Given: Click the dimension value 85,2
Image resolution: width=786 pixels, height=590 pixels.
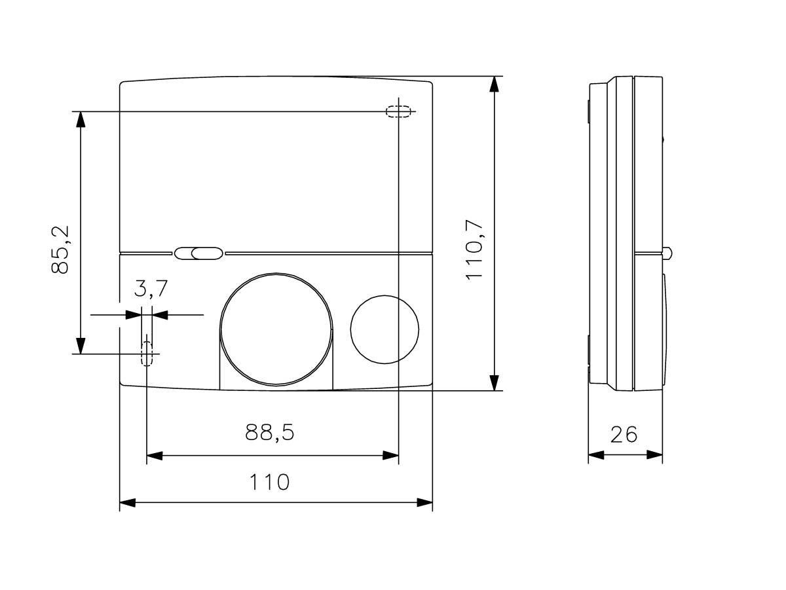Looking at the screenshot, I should (x=63, y=249).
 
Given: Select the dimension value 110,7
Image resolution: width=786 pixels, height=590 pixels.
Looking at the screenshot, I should (x=474, y=249).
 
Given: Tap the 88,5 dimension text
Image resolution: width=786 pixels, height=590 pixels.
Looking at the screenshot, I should (x=270, y=433).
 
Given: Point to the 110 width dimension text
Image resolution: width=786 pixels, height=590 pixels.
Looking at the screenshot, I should (x=269, y=483).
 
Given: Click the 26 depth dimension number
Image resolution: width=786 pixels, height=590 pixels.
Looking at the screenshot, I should (x=624, y=434).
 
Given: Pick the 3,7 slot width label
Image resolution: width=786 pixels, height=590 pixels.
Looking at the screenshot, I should (x=151, y=288).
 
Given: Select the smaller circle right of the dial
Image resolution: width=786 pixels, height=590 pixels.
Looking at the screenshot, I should (x=384, y=329).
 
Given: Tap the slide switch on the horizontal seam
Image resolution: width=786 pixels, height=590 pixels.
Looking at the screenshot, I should (x=198, y=253).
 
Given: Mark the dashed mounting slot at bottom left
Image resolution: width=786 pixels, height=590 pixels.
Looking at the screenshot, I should (x=147, y=353).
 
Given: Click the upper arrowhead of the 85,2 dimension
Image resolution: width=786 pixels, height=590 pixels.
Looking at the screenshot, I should (x=81, y=119).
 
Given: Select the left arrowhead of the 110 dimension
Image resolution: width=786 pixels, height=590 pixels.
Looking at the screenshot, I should (x=127, y=503).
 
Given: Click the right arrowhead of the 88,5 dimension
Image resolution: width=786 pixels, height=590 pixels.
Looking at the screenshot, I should (x=391, y=454).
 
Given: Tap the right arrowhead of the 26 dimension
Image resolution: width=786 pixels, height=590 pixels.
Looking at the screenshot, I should (x=655, y=454).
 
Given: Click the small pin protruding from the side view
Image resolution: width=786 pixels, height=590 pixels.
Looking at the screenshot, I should (x=668, y=252).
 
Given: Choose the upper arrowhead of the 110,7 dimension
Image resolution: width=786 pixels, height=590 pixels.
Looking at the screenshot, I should (x=495, y=84).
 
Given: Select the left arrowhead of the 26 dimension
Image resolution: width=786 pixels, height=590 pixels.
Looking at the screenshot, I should (x=596, y=454).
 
